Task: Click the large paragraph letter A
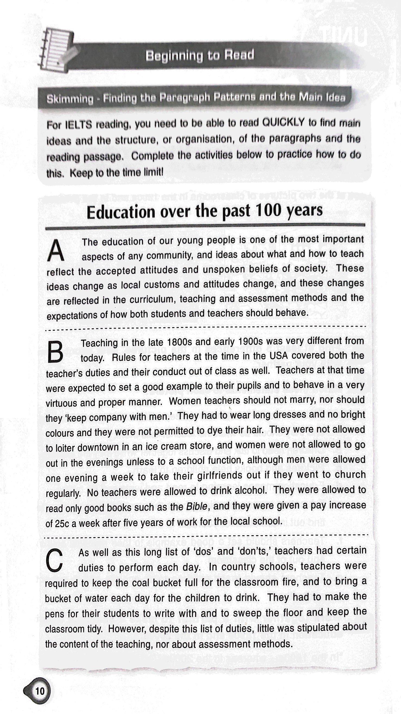[56, 251]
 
